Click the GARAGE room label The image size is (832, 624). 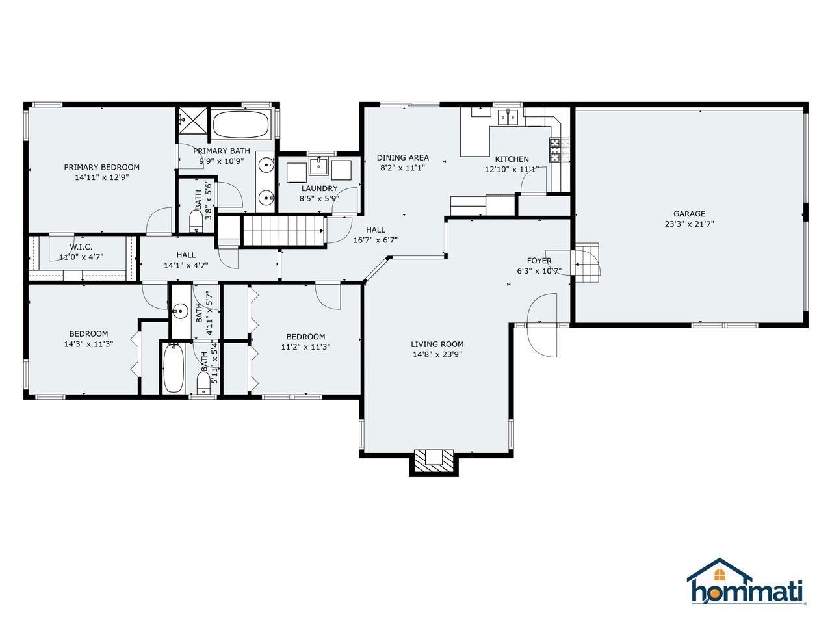pos(689,214)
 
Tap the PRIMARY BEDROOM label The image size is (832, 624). pos(101,167)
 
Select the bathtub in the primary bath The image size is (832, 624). pos(241,124)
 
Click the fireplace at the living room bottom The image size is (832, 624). pos(434,461)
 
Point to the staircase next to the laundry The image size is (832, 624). pos(283,231)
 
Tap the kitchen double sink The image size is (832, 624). pos(507,117)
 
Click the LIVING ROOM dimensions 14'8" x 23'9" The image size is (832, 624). pos(437,355)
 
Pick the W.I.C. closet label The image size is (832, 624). pos(81,247)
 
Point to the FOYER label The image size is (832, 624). pos(539,261)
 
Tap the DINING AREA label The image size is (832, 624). pos(403,157)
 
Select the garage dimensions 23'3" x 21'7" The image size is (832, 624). pos(689,224)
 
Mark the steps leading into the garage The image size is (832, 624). pos(587,263)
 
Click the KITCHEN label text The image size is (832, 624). pos(512,159)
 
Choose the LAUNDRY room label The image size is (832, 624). pos(319,188)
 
